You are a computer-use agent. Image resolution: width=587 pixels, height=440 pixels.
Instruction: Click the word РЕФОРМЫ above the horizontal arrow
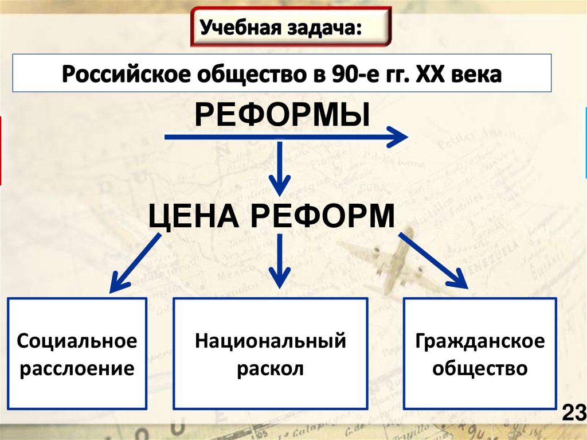(x=281, y=115)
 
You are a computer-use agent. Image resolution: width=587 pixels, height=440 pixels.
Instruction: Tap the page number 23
(x=573, y=412)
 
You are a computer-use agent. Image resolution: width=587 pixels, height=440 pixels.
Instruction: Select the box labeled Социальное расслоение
(x=77, y=353)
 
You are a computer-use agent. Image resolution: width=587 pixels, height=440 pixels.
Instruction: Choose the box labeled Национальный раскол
(x=270, y=353)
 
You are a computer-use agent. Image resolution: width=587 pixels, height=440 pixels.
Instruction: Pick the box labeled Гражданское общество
(x=480, y=353)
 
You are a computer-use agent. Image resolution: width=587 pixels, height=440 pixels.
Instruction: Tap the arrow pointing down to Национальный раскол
(x=279, y=261)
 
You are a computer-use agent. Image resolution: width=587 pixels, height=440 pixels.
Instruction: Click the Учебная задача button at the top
(x=291, y=26)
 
